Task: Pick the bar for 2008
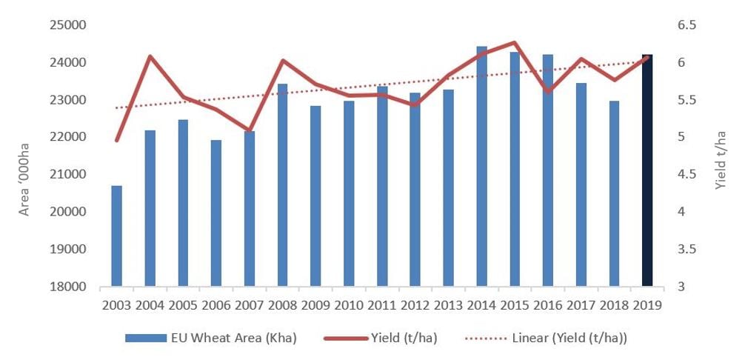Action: (x=282, y=185)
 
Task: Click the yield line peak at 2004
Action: (x=150, y=56)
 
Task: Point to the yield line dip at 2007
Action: (x=250, y=130)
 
